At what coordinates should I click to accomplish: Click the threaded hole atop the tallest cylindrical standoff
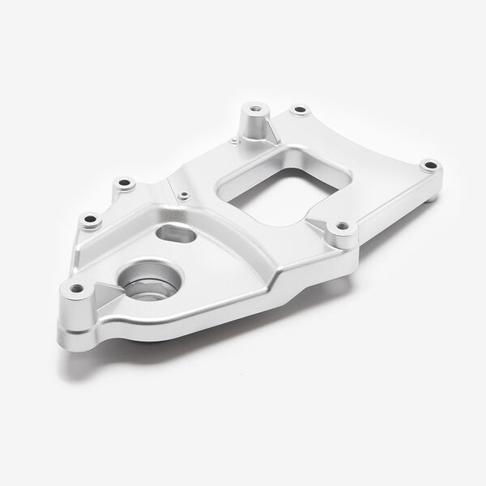253,106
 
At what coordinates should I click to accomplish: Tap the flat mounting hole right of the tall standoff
301,109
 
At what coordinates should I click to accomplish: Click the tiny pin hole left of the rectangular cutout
185,194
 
